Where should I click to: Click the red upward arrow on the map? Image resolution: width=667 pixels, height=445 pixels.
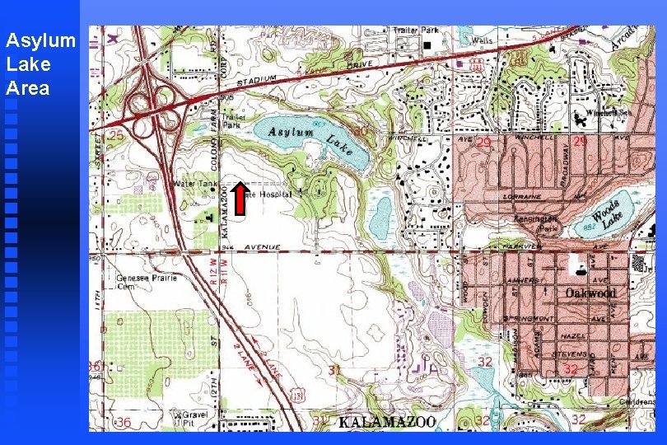(239, 199)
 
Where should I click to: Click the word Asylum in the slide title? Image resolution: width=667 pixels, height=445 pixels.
(40, 40)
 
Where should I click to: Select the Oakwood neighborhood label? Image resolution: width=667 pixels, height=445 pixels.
(590, 293)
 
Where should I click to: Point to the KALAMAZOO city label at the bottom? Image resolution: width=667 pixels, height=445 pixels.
(386, 422)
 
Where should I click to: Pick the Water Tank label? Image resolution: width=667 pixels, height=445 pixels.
(194, 183)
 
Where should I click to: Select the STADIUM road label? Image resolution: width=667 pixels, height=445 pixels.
(257, 81)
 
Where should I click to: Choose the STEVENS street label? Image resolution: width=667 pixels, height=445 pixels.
(567, 353)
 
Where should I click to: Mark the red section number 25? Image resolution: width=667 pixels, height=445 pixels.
(117, 133)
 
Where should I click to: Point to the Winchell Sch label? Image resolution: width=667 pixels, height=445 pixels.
(608, 112)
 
